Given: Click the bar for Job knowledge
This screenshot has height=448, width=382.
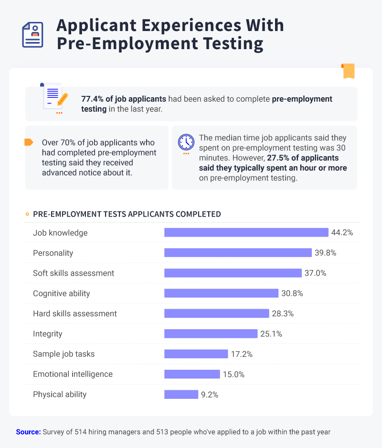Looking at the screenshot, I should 246,232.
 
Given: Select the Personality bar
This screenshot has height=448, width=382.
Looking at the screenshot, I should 238,252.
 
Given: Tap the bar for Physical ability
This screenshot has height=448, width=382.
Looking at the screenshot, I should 181,395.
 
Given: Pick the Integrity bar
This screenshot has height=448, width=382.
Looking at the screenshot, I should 211,333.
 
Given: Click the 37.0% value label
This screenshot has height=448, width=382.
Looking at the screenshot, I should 316,273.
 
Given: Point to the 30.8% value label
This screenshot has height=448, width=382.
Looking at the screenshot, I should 292,293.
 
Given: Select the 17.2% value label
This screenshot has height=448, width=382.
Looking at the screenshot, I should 242,354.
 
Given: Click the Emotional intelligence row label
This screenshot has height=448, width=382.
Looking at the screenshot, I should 73,374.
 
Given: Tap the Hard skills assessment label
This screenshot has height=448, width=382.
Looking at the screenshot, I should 74,313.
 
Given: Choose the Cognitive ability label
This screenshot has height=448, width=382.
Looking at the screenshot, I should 61,293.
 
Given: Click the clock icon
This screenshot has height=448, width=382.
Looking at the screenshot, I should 186,142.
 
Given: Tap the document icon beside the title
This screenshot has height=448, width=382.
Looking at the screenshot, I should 33,35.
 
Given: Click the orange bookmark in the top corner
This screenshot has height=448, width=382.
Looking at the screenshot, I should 348,71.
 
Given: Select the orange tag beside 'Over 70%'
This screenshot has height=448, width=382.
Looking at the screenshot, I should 29,142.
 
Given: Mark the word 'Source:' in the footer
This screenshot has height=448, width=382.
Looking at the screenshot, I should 28,432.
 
